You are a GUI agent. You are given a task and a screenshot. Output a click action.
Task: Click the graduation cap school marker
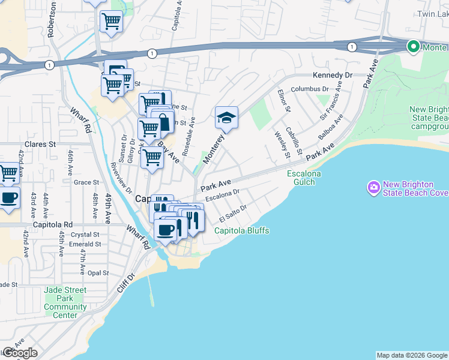click(227, 118)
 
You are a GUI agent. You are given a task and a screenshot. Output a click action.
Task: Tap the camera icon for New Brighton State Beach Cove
click(374, 188)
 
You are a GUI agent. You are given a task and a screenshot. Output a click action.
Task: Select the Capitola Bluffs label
click(242, 230)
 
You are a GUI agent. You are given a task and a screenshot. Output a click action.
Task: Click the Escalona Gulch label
click(304, 178)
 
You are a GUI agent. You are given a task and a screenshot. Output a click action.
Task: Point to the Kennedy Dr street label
click(332, 76)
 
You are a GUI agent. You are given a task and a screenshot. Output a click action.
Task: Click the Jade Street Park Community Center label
click(65, 302)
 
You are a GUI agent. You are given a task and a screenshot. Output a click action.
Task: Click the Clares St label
click(40, 145)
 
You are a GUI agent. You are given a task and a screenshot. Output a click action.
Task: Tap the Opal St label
click(97, 272)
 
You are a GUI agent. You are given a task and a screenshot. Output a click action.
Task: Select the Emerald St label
click(85, 244)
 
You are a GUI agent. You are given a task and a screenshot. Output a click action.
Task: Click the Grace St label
click(86, 182)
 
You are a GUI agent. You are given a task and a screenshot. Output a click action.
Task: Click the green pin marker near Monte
click(413, 46)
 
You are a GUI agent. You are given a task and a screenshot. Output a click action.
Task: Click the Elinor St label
click(284, 101)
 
